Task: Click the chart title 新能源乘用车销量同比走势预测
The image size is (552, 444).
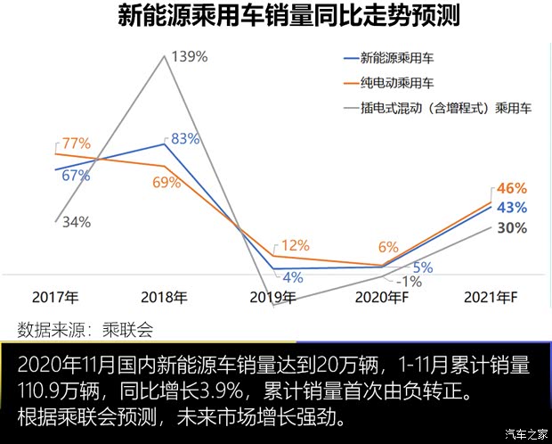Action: (275, 18)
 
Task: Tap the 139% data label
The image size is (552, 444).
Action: (189, 57)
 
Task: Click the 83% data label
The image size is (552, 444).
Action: (184, 138)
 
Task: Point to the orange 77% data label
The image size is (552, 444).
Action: (77, 143)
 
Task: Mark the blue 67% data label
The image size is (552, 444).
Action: (76, 176)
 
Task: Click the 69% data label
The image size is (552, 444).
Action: (166, 183)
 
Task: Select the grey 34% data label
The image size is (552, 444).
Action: (76, 222)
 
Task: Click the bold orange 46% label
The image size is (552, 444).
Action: (511, 188)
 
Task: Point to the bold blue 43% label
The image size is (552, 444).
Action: (511, 207)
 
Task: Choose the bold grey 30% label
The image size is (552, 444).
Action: (511, 227)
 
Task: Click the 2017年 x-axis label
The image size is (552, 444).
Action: (55, 297)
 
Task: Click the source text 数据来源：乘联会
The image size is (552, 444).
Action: (85, 329)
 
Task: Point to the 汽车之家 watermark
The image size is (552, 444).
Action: (524, 434)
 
